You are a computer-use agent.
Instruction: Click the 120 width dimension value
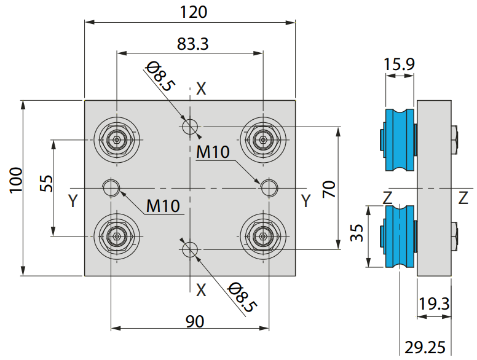194,12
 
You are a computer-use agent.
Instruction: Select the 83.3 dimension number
193,44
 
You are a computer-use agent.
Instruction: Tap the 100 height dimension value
16,180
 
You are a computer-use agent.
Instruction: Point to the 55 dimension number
46,183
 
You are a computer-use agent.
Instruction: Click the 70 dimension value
329,189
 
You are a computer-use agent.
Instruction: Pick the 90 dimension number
195,321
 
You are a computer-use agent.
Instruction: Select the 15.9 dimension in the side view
399,64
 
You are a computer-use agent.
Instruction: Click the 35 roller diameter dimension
357,233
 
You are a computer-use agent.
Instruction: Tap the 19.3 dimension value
434,303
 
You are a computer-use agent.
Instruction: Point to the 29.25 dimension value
425,347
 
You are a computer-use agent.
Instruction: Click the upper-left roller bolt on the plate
117,140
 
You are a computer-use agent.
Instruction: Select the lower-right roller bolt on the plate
263,236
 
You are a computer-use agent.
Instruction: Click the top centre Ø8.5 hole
190,127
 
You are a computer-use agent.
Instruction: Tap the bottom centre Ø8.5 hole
190,249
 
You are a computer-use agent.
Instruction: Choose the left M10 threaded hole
111,188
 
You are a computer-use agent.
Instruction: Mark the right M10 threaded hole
269,188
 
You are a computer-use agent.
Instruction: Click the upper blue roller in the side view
400,140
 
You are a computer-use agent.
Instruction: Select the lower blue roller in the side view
400,237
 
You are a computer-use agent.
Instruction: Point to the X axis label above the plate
201,89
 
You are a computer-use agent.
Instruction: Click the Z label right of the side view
463,198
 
